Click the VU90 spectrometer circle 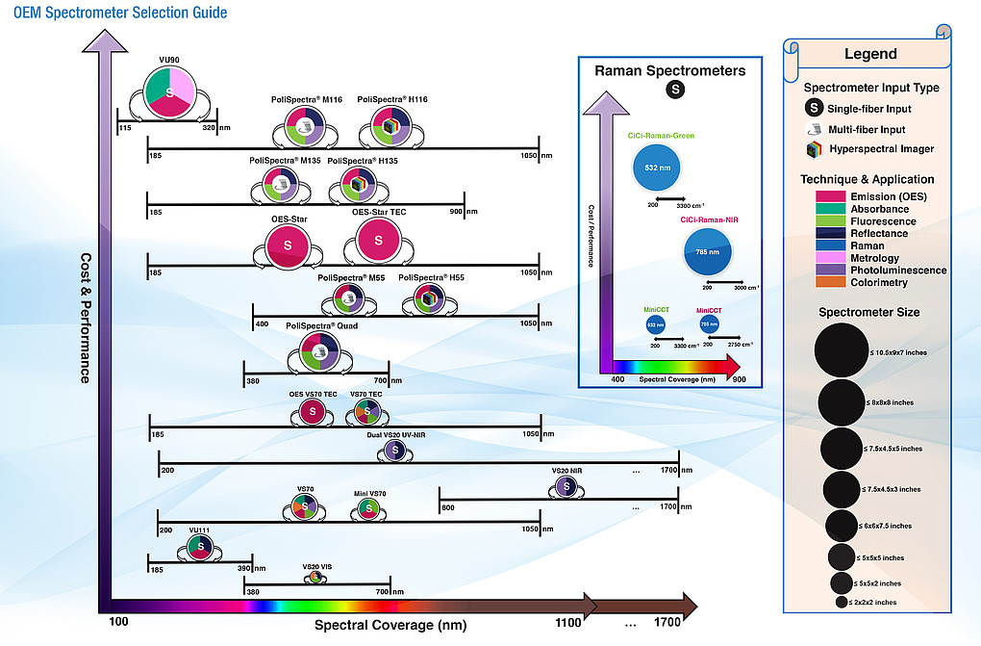[170, 92]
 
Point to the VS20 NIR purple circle [567, 487]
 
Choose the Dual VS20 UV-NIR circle [392, 450]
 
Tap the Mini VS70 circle [367, 509]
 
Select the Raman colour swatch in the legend [817, 245]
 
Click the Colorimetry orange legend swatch [817, 283]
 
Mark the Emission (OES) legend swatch [817, 196]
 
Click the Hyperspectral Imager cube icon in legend [813, 149]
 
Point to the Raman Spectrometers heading [669, 70]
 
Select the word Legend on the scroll [870, 54]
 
